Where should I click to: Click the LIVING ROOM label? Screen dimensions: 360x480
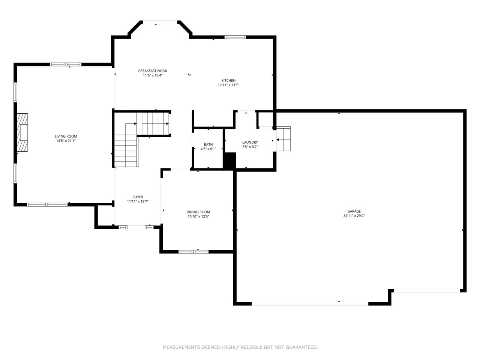coord(66,136)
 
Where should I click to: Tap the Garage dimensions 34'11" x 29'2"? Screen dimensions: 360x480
coord(354,216)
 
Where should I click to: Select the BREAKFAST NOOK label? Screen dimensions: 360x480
coord(153,71)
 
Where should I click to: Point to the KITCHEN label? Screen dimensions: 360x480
coord(228,80)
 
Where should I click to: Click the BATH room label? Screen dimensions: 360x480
coord(208,144)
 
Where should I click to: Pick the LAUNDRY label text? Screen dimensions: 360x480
coord(250,142)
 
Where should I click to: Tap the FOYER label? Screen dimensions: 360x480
coord(138,197)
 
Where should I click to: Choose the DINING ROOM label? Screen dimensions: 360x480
coord(198,212)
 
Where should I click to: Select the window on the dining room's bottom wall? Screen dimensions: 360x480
coord(193,252)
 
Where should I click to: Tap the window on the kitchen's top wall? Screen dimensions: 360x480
coord(235,37)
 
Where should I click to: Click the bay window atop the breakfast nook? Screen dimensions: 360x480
coord(160,22)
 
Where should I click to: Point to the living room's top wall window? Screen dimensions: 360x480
coord(66,64)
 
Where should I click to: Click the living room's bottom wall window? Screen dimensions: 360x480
coord(47,205)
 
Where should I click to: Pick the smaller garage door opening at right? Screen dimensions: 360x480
coord(426,290)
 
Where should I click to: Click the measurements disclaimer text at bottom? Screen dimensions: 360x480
coord(240,347)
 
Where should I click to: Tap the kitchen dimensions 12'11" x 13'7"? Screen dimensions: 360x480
coord(228,85)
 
